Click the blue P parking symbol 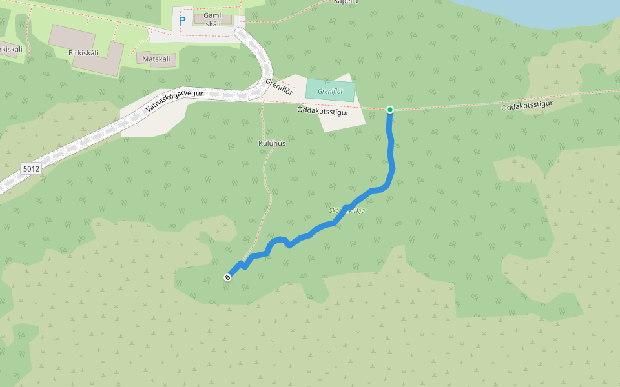coord(182,21)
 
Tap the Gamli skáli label coord(212,19)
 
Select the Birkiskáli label coord(83,53)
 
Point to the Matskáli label coord(156,59)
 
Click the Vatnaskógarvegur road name coord(174,101)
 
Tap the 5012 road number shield coord(31,169)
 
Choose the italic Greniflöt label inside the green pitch coord(330,92)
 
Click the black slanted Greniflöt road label coord(279,87)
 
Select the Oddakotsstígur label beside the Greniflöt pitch coord(323,112)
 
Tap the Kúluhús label coord(272,143)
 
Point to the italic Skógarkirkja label coord(347,211)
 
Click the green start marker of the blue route coord(390,110)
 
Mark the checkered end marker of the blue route coord(227,277)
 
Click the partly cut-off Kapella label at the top coord(346,2)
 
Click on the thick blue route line coord(391,155)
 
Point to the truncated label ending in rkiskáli coord(10,49)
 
